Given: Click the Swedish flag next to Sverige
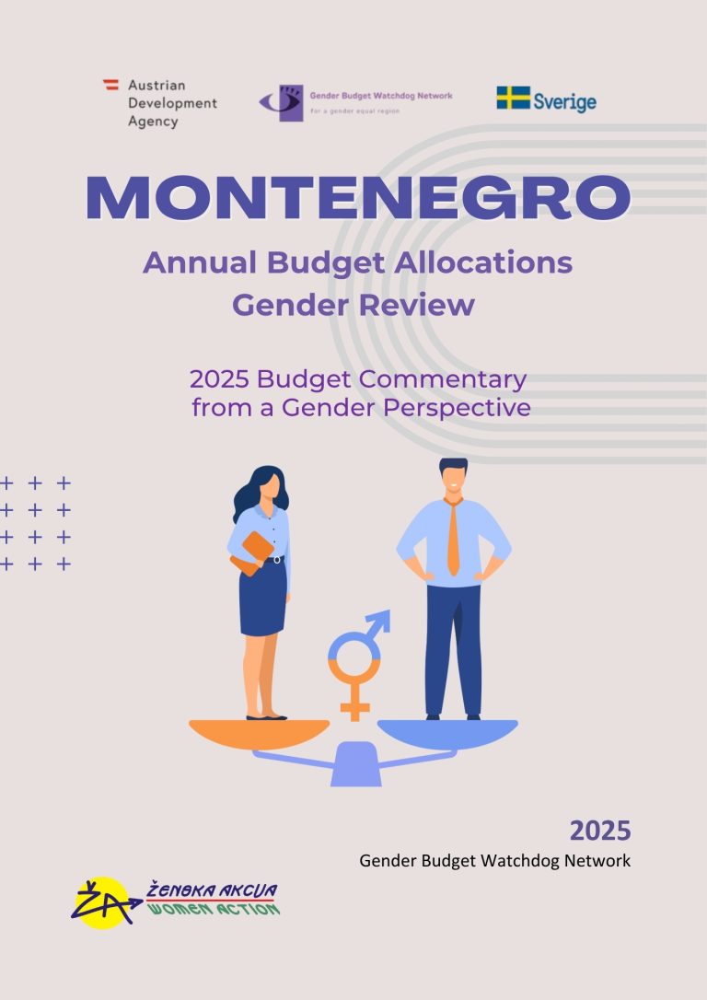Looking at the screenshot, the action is click(513, 98).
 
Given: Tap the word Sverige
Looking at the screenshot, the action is click(565, 102).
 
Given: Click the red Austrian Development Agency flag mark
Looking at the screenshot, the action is click(110, 84).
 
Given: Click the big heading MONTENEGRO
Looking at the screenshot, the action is click(358, 198).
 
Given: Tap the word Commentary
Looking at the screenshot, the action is click(442, 379).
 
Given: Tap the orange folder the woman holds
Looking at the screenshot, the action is click(252, 552).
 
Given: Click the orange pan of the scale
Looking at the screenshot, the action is click(259, 733).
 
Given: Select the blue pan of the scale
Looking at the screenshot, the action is click(447, 733).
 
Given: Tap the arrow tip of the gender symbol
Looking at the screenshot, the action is click(383, 617).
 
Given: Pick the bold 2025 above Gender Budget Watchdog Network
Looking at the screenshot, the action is click(600, 831).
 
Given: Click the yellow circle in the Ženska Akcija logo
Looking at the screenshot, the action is click(102, 902).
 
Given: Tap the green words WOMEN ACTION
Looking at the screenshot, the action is click(214, 908).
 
